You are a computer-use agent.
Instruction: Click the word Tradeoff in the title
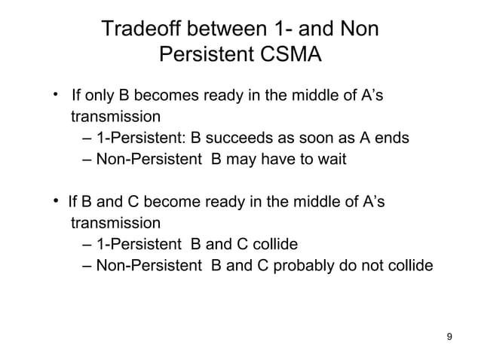pyautogui.click(x=139, y=29)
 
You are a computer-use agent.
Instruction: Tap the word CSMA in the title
pyautogui.click(x=290, y=56)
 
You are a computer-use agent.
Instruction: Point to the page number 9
pyautogui.click(x=450, y=336)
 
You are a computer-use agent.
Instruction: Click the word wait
pyautogui.click(x=329, y=160)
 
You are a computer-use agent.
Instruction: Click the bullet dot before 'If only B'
pyautogui.click(x=55, y=96)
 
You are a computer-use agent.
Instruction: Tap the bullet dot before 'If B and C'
pyautogui.click(x=55, y=201)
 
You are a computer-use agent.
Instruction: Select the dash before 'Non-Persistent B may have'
pyautogui.click(x=84, y=160)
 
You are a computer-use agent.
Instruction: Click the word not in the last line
pyautogui.click(x=378, y=265)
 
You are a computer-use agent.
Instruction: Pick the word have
pyautogui.click(x=283, y=160)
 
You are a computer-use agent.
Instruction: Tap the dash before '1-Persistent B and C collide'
pyautogui.click(x=84, y=244)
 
